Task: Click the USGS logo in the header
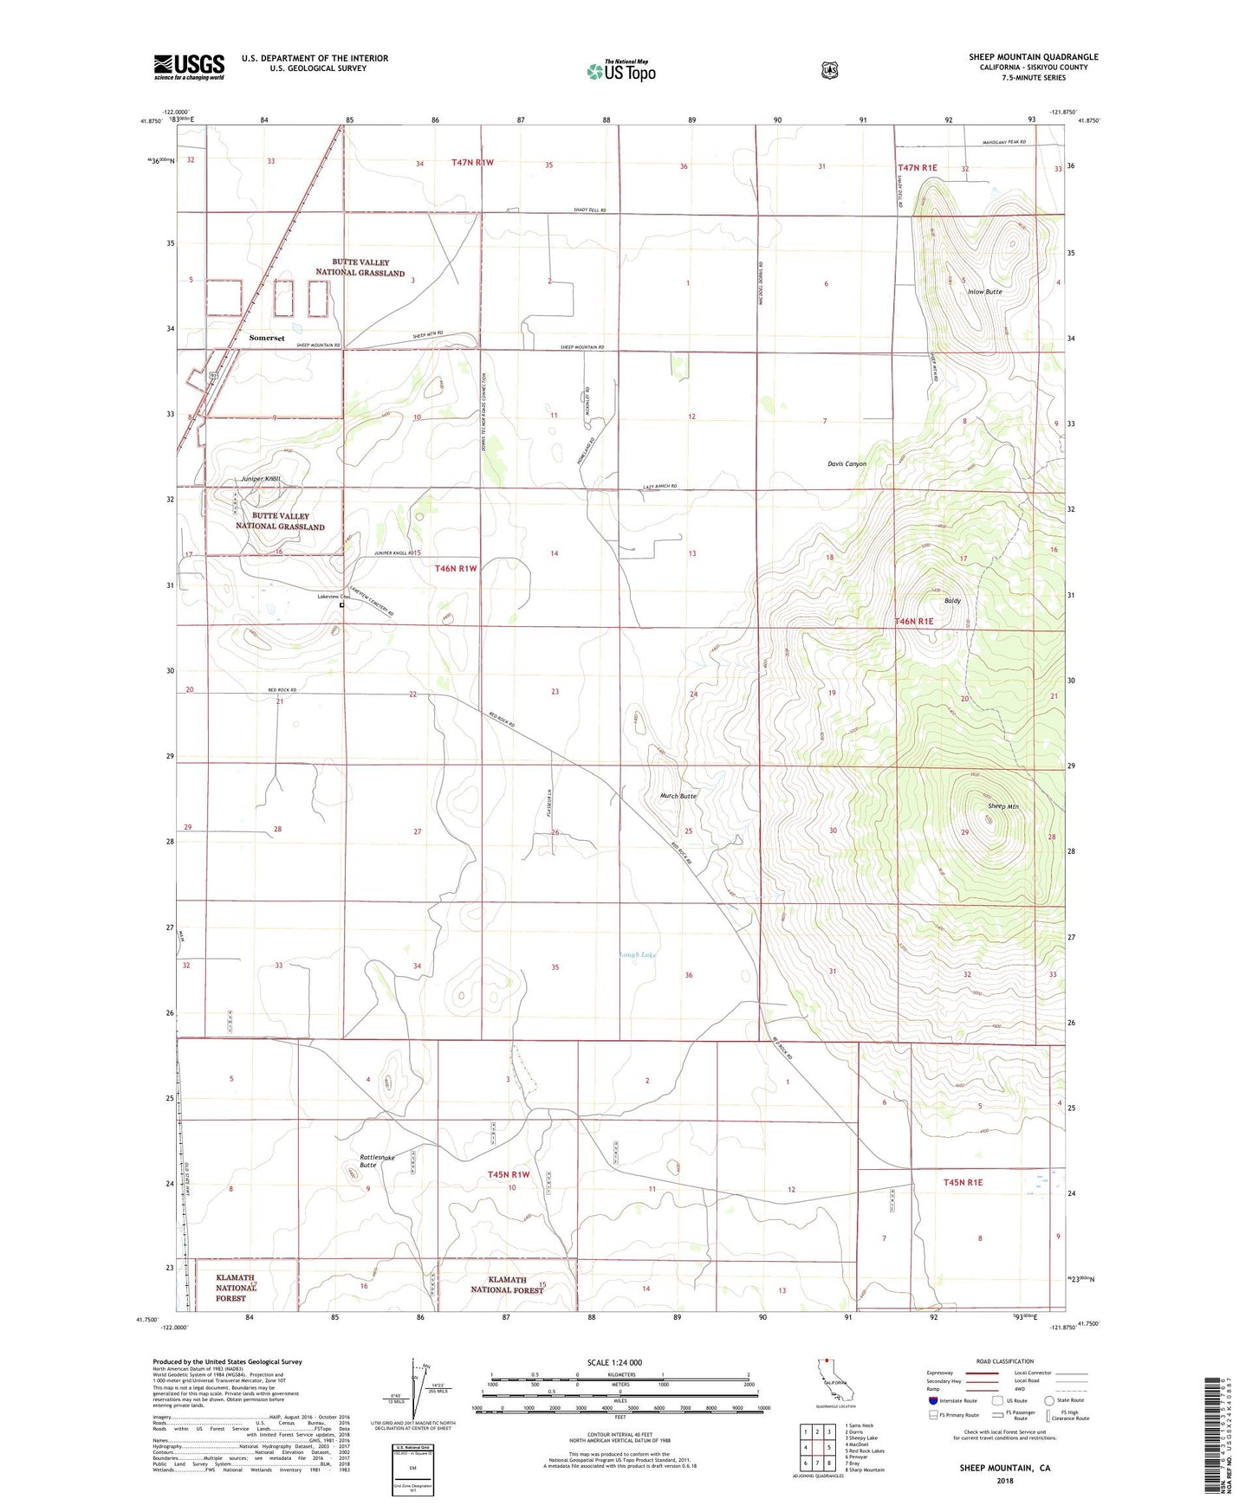point(189,67)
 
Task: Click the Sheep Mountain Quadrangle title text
point(1033,57)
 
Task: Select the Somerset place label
point(266,338)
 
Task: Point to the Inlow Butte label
point(984,292)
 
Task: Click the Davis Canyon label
point(846,464)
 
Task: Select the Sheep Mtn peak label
point(1002,806)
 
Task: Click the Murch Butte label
point(678,796)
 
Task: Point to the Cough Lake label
point(639,955)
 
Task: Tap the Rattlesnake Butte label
point(377,1161)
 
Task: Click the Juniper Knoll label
point(261,479)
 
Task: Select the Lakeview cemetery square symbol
point(342,605)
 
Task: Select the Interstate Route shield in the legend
point(931,1400)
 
